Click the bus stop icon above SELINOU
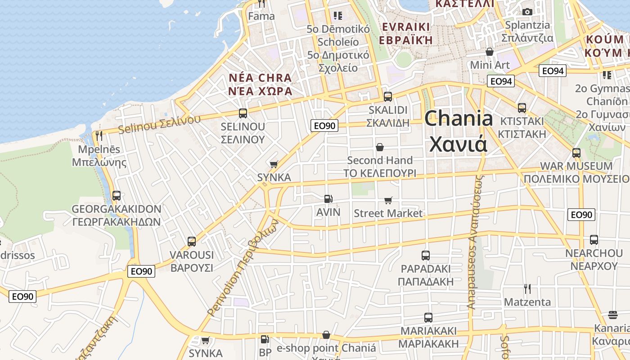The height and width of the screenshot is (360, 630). coord(243,113)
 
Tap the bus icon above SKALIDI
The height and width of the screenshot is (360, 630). coord(387,96)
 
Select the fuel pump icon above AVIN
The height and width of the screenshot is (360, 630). coord(328,198)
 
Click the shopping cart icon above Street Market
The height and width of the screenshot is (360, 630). coord(388,200)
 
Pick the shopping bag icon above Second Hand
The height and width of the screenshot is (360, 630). coord(380,147)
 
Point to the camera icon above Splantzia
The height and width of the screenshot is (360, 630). coord(527,12)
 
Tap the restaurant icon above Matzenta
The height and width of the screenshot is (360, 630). coord(527,288)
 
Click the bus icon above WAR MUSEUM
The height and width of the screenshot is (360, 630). coord(576,153)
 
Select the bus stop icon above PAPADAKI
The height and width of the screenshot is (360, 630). coord(426,256)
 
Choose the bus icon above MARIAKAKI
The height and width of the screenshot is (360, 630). coord(428,318)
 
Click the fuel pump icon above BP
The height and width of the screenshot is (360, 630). coord(265,339)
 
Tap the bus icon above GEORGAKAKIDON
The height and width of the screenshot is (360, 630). coord(117,195)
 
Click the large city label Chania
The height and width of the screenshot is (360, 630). coord(459,131)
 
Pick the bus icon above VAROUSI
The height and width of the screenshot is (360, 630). coord(192,242)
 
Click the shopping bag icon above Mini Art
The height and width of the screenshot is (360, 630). coord(490,52)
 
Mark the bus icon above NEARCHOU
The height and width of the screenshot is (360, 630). coord(594,240)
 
